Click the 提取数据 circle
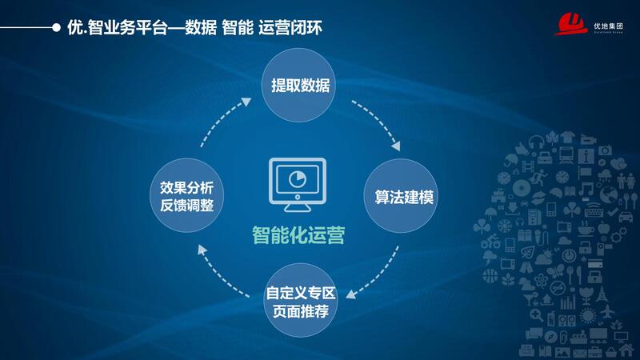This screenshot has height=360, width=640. tap(300, 86)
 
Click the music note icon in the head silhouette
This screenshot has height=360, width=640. tap(588, 189)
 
